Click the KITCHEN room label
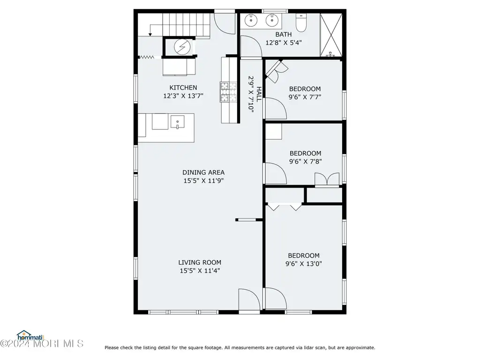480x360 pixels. point(183,88)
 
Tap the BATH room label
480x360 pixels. point(284,35)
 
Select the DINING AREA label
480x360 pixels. point(203,172)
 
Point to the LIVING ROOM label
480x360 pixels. point(200,262)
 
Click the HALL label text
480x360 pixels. point(259,94)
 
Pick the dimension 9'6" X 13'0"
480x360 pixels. point(304,263)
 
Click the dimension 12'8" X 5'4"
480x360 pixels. point(284,43)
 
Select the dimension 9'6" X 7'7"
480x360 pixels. point(305,97)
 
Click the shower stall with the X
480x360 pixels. point(331,35)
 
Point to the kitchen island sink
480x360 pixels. point(177,122)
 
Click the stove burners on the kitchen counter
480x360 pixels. point(228,92)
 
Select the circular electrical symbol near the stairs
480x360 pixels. point(182,47)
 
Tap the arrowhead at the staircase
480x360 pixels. point(150,34)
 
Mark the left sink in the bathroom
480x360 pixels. point(251,20)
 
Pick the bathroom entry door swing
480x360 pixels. point(251,46)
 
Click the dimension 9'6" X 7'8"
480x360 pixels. point(306,162)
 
